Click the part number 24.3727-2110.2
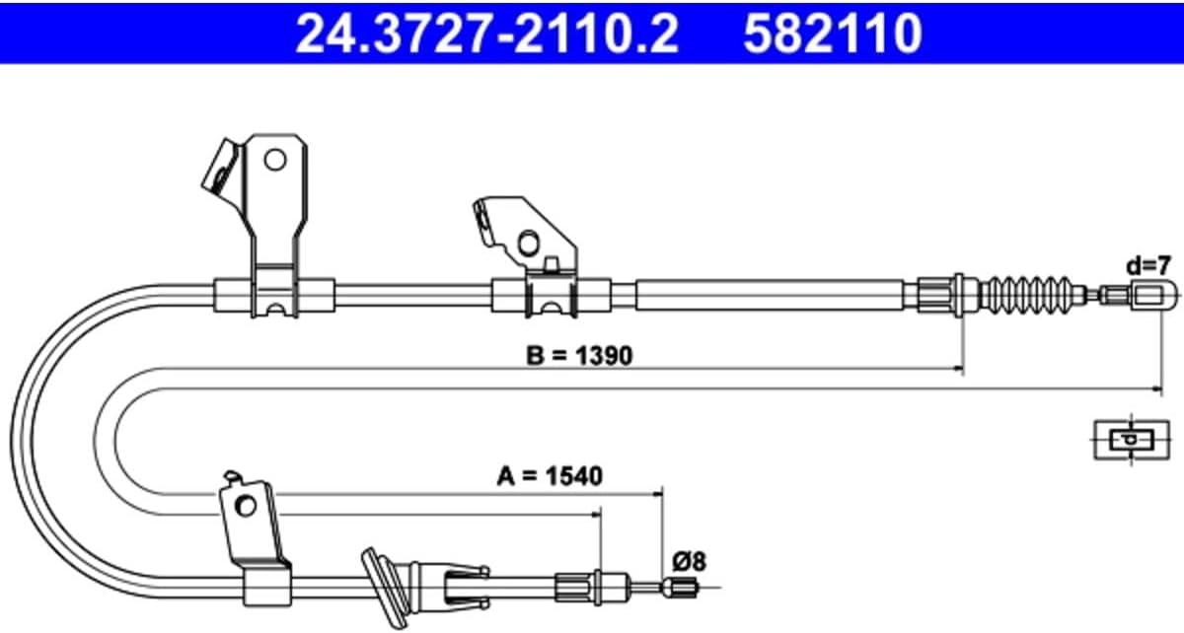(x=486, y=34)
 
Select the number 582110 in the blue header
(x=833, y=34)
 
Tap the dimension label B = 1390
(x=579, y=356)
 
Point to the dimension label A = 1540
(x=550, y=476)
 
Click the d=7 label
(x=1148, y=266)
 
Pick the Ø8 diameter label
(x=690, y=561)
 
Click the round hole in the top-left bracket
(x=275, y=160)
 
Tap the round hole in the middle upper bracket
(x=528, y=244)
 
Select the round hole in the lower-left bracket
(x=246, y=506)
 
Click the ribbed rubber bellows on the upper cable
(x=1028, y=295)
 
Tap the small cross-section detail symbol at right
(x=1131, y=440)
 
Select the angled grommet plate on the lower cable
(x=385, y=588)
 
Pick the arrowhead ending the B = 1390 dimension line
(x=957, y=369)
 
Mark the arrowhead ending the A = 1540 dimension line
(x=657, y=494)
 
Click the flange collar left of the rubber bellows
(x=959, y=295)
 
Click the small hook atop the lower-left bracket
(x=233, y=475)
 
